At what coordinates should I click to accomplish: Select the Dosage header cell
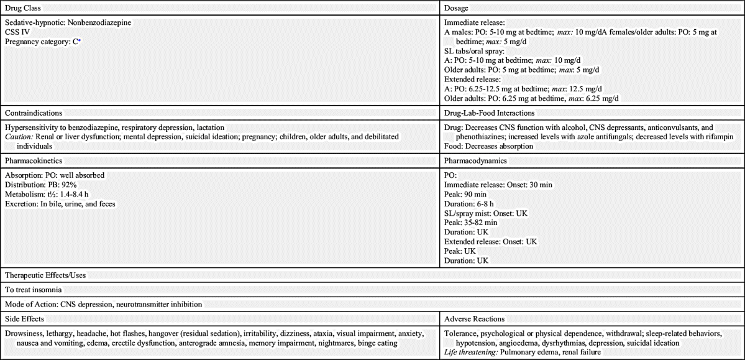456,7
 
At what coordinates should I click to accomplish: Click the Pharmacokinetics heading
34,160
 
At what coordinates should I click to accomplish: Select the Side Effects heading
24,319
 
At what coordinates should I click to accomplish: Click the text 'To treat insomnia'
34,290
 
